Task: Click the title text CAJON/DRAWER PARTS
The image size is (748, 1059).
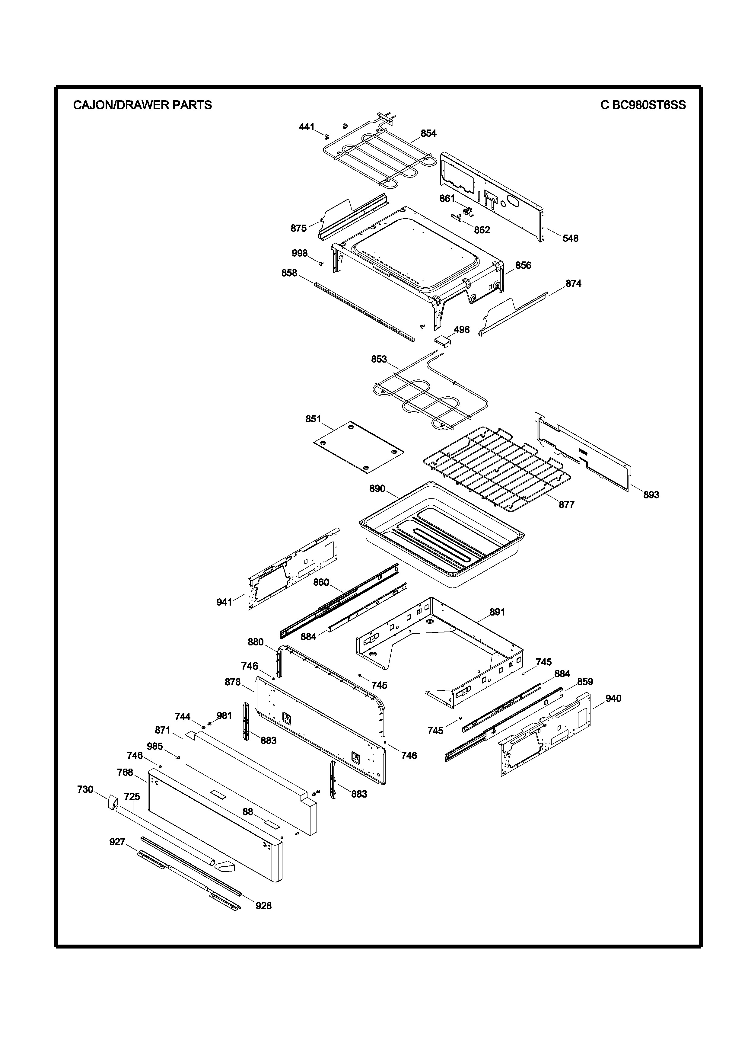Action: [x=142, y=105]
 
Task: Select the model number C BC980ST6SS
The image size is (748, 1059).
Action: [x=643, y=105]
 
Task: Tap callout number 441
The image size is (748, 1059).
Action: [x=307, y=127]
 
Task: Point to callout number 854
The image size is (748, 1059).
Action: [x=428, y=133]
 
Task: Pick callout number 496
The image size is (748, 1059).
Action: [x=461, y=330]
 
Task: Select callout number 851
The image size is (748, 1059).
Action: [x=313, y=419]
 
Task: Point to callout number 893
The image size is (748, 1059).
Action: [x=651, y=495]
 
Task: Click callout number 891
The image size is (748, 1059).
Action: [x=497, y=612]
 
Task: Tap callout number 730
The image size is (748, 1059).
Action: [x=85, y=790]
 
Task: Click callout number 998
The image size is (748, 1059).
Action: [x=300, y=253]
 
